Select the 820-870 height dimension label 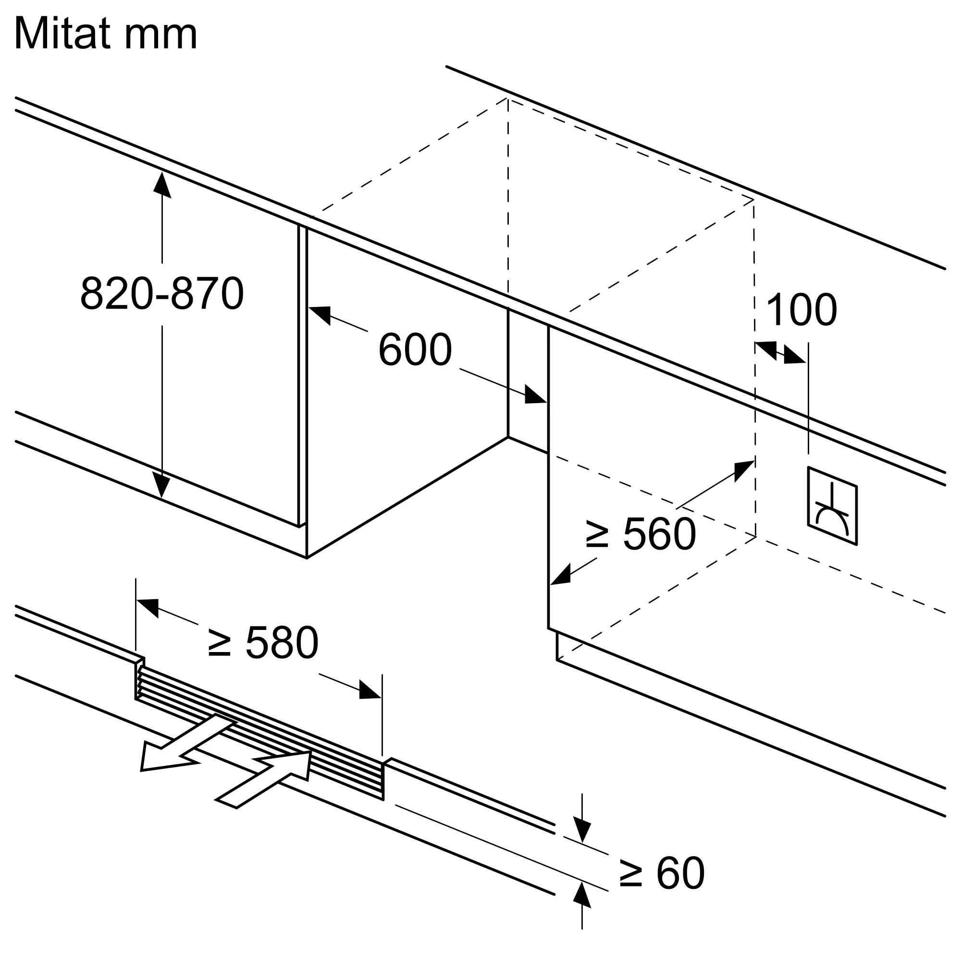click(162, 294)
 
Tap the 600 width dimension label click(415, 350)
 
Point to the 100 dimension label click(802, 309)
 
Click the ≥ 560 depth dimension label click(641, 534)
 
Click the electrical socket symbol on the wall click(832, 506)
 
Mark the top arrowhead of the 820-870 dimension click(162, 184)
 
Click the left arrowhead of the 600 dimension click(320, 315)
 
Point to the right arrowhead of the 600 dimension click(536, 394)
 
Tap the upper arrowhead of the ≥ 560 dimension click(744, 470)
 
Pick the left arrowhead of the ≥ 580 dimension click(147, 608)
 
